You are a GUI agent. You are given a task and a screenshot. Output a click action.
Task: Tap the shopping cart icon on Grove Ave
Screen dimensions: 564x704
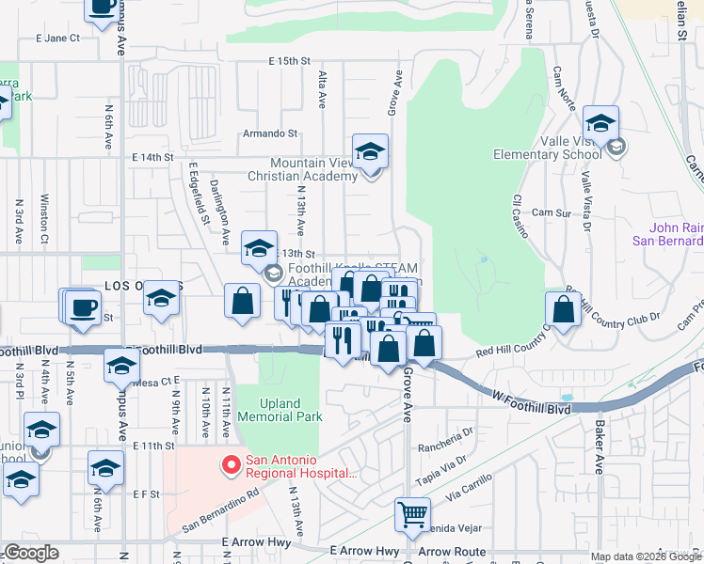[412, 514]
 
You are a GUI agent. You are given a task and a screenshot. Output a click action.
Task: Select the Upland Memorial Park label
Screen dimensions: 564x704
[280, 409]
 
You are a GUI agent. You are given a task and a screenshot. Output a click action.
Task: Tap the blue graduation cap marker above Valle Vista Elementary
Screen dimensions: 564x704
[600, 123]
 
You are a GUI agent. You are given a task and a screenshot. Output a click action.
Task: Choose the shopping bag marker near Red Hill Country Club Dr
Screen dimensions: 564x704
[563, 309]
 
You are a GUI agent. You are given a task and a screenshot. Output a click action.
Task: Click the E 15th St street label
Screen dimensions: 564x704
[289, 61]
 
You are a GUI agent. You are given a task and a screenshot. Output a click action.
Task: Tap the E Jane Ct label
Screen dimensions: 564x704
[57, 39]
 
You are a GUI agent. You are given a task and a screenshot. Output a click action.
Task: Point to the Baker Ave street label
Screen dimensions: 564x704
[600, 447]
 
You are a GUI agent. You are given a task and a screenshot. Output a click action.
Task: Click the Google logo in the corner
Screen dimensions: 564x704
[30, 554]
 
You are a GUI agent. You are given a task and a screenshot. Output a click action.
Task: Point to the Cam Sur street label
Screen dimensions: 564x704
[552, 213]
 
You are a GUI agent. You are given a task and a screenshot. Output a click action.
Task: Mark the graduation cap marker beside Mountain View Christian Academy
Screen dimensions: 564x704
[370, 151]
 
